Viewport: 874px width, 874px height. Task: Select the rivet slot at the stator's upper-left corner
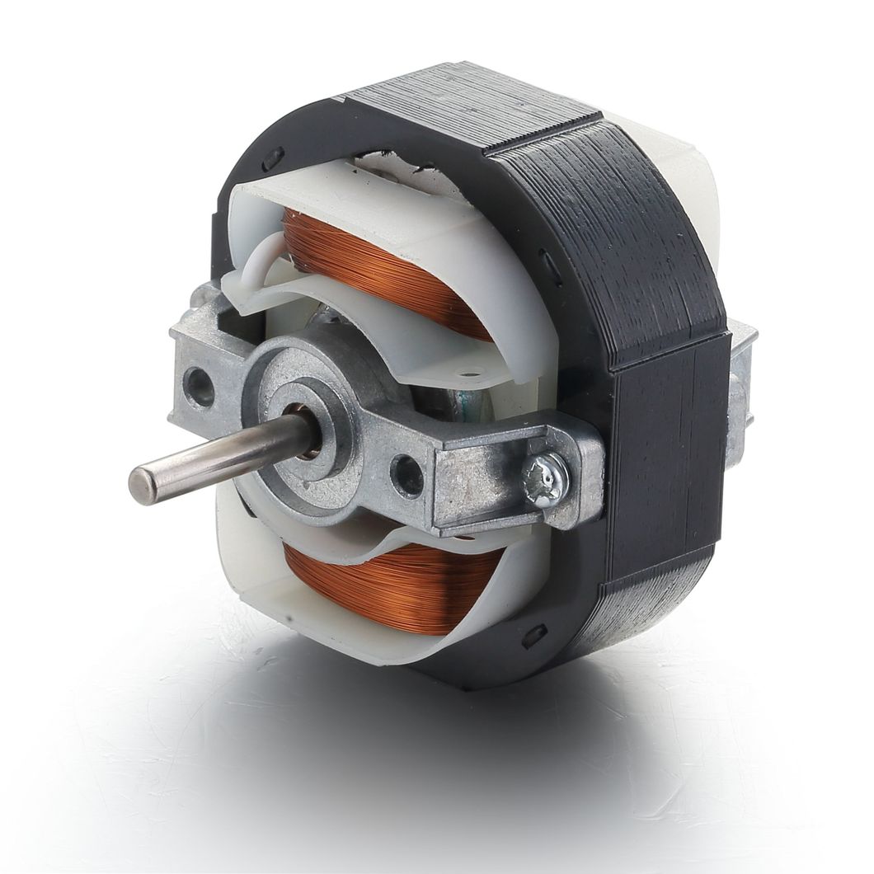point(273,154)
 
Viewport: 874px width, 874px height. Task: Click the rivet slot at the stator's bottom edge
point(533,635)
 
